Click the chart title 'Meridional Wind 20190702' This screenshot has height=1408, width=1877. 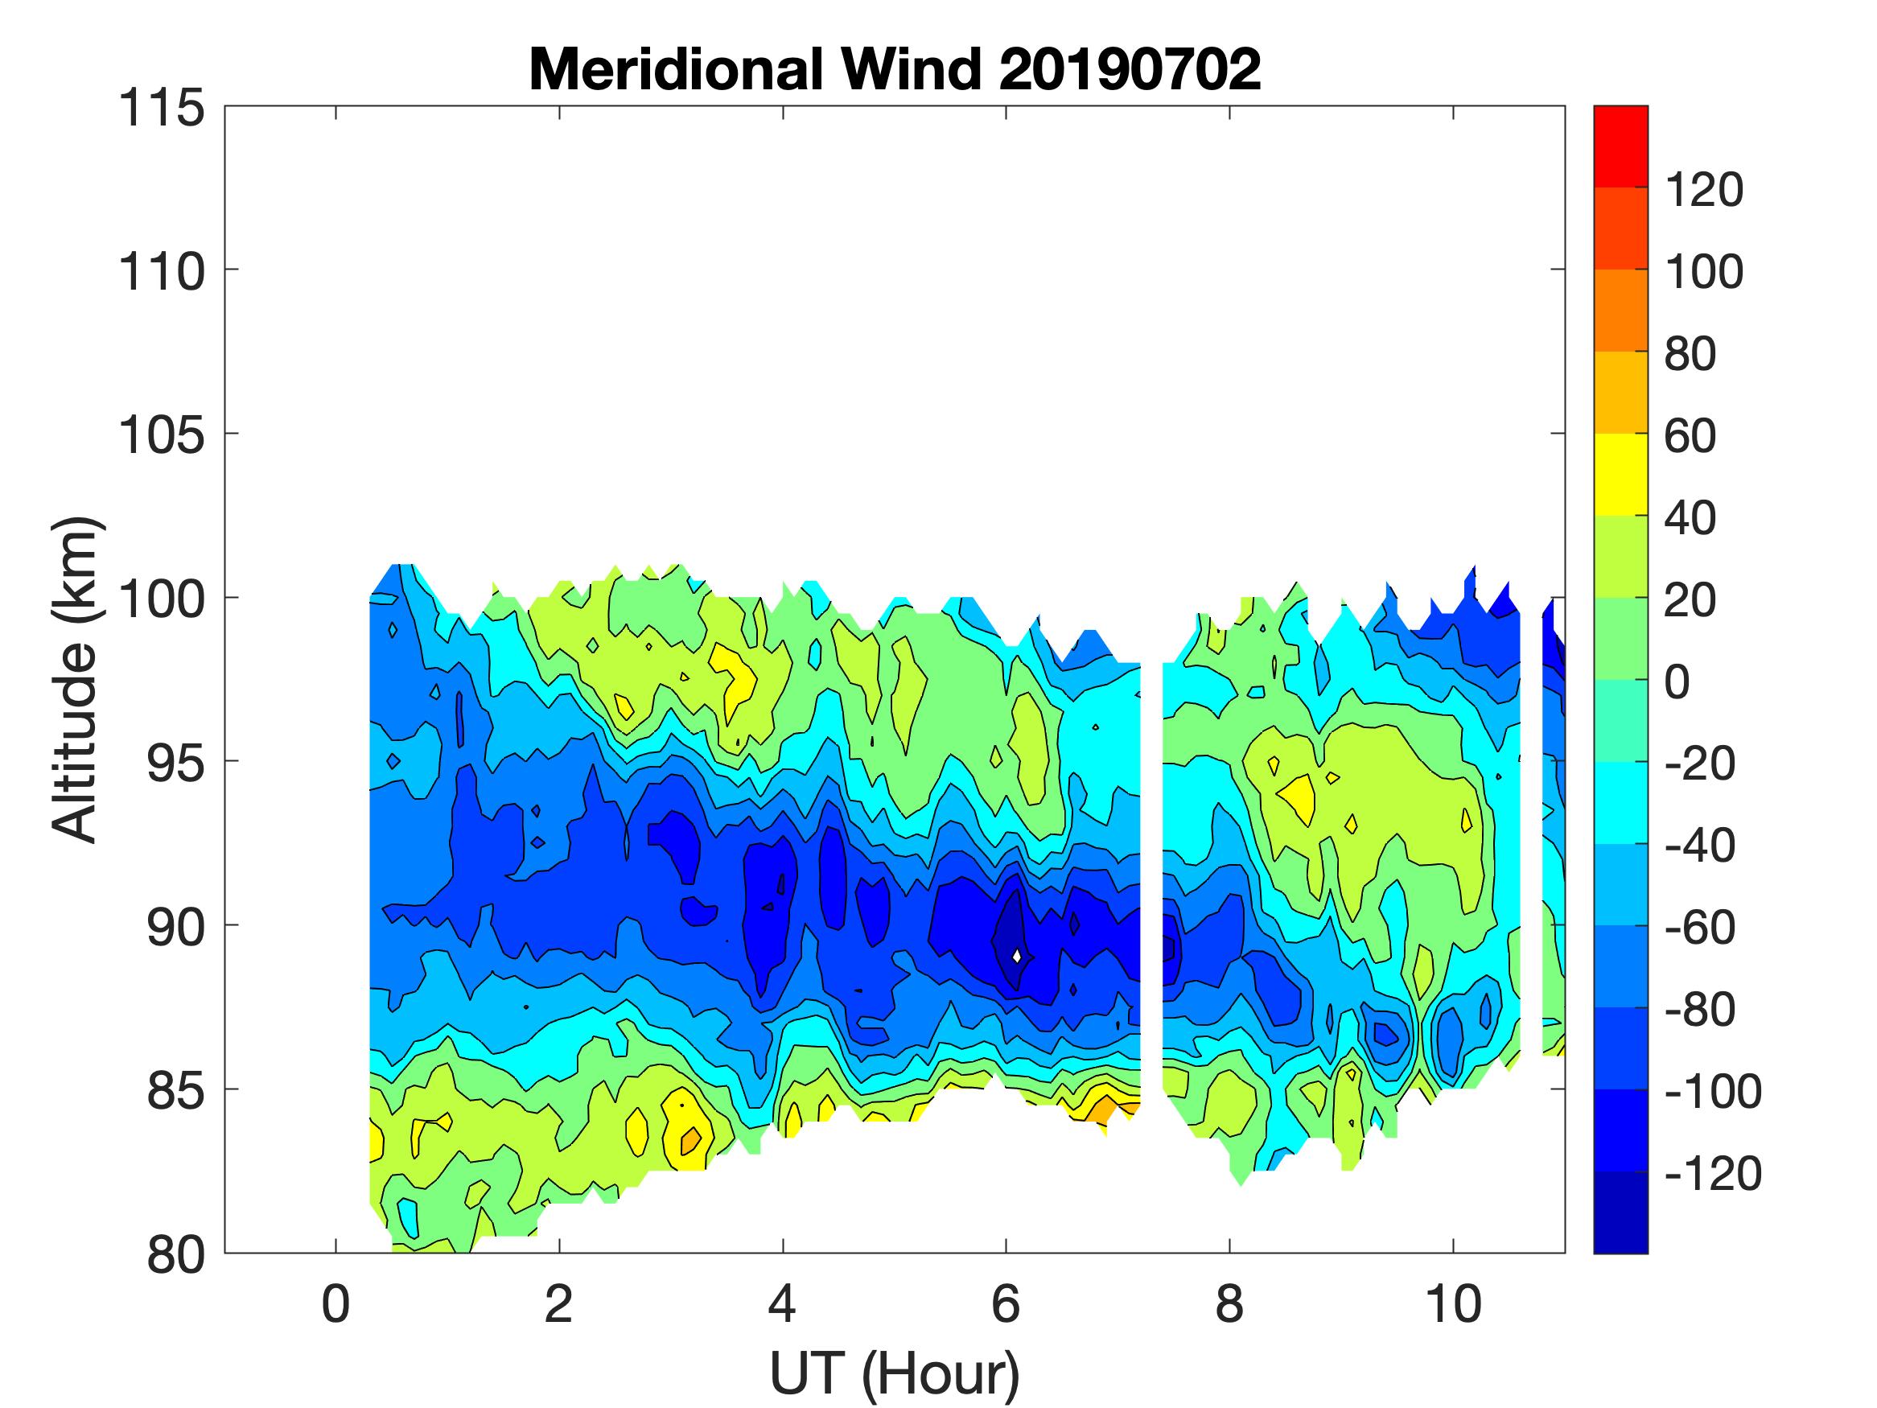pos(895,68)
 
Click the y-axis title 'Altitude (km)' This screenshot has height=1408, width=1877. pos(76,679)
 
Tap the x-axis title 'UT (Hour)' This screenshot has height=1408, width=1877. pos(895,1373)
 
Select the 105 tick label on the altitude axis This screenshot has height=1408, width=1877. pos(162,435)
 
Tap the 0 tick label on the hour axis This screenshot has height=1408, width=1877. pos(336,1304)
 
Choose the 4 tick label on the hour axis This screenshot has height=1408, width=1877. pos(782,1304)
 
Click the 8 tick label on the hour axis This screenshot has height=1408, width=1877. pos(1229,1304)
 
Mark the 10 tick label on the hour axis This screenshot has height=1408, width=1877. pos(1453,1304)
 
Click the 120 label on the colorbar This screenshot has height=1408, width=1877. pos(1704,189)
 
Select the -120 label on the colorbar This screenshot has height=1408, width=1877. pos(1712,1174)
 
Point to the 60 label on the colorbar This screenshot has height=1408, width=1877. pos(1690,436)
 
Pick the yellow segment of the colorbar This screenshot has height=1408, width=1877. pos(1620,475)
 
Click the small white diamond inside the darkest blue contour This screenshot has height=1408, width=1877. pos(1017,956)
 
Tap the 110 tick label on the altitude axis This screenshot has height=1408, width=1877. pos(162,273)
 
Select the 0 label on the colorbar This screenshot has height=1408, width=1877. pos(1677,682)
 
